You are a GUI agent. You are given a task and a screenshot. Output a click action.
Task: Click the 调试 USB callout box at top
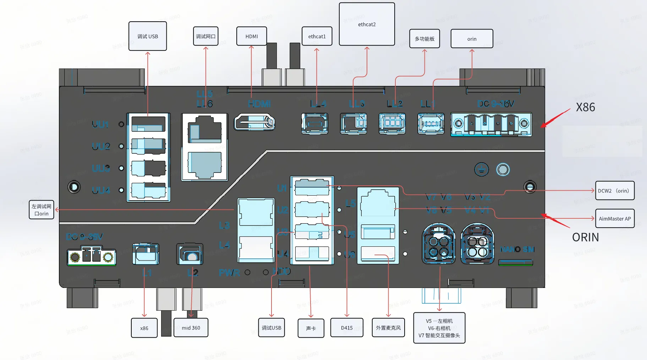click(x=148, y=36)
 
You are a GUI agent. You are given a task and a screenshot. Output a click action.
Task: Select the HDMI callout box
click(x=252, y=36)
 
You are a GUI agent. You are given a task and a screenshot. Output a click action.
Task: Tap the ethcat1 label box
click(x=317, y=36)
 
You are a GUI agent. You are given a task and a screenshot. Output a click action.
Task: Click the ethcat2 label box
click(x=367, y=24)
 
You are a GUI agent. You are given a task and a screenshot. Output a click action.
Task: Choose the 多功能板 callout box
click(x=424, y=39)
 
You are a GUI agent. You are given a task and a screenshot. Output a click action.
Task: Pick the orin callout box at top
click(x=472, y=39)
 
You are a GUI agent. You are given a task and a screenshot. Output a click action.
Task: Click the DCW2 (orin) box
click(x=614, y=191)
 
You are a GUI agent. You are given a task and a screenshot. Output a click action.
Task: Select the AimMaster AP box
click(x=614, y=219)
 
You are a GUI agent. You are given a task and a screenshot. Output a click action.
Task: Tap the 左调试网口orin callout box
click(x=42, y=210)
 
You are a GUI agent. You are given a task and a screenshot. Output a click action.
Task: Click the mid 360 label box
click(x=191, y=328)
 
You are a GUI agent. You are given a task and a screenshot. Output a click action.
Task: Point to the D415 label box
click(x=347, y=328)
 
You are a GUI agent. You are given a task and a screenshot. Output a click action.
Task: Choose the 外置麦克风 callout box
click(x=388, y=328)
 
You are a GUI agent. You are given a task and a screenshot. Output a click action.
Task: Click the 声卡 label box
click(x=311, y=328)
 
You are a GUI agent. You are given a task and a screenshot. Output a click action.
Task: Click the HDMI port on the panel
click(x=254, y=122)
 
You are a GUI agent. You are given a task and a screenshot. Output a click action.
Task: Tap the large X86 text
click(x=585, y=107)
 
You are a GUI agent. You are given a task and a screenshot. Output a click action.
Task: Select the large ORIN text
click(x=585, y=237)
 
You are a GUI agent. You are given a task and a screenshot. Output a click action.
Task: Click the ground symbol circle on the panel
click(x=481, y=170)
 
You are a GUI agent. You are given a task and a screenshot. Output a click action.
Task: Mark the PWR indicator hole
click(x=247, y=272)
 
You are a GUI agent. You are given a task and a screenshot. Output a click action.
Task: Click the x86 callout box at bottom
click(x=144, y=328)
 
